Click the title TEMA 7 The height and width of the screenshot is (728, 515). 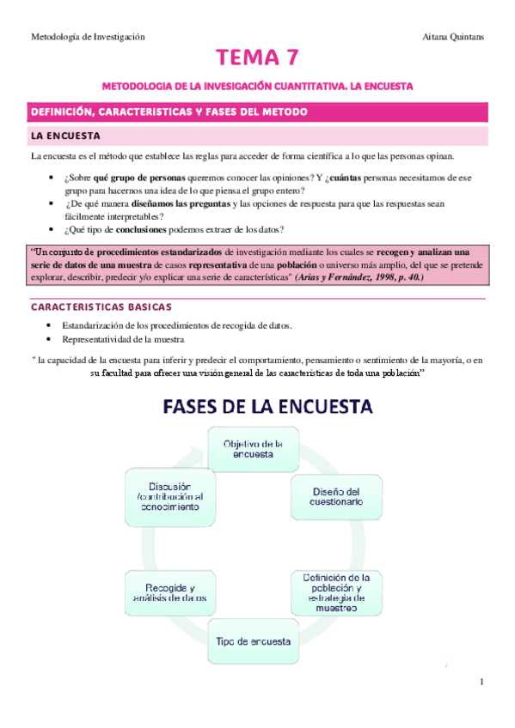pyautogui.click(x=258, y=59)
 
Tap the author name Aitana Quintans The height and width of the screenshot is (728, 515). pyautogui.click(x=454, y=37)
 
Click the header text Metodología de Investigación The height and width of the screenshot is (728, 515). pyautogui.click(x=88, y=37)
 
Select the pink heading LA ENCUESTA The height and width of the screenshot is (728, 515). pyautogui.click(x=66, y=136)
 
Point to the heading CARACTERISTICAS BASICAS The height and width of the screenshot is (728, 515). pyautogui.click(x=113, y=306)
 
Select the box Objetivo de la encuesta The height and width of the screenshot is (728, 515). pyautogui.click(x=248, y=449)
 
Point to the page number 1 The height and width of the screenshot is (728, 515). pyautogui.click(x=482, y=682)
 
